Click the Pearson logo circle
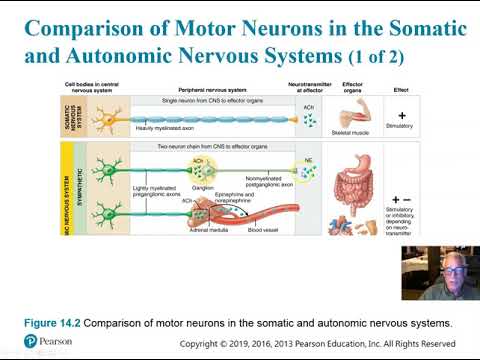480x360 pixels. coord(31,342)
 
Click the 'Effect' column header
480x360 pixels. coord(401,89)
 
